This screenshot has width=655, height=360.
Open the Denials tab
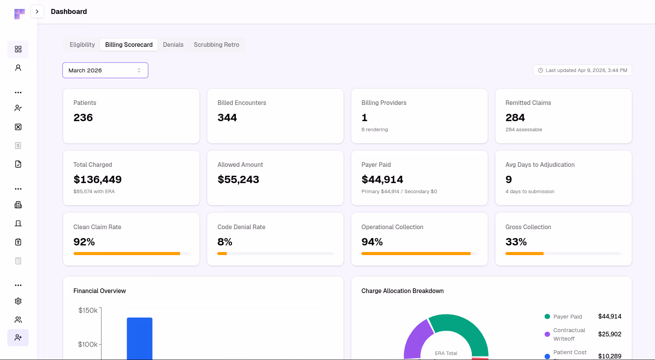click(173, 45)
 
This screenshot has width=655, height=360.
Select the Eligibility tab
click(82, 45)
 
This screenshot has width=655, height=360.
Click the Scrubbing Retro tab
click(216, 45)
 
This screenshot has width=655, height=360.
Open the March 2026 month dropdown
click(105, 70)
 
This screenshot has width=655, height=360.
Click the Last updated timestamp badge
click(582, 70)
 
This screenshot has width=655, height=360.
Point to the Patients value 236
click(83, 118)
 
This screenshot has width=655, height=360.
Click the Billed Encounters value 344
click(227, 118)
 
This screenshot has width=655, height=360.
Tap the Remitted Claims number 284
click(515, 118)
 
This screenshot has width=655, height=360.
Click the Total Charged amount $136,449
click(98, 180)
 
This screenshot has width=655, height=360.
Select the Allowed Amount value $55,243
click(238, 180)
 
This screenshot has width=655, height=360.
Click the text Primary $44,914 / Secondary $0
click(399, 192)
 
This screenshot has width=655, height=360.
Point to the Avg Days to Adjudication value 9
click(509, 180)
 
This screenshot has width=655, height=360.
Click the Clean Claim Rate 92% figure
click(84, 242)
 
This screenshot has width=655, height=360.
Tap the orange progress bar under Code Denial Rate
click(222, 254)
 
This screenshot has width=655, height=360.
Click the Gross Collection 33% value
click(516, 242)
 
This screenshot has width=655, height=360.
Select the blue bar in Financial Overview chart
click(139, 339)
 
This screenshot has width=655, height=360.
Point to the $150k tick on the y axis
click(88, 310)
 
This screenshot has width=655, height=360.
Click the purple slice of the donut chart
click(416, 339)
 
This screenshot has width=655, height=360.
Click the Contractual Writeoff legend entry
click(569, 334)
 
